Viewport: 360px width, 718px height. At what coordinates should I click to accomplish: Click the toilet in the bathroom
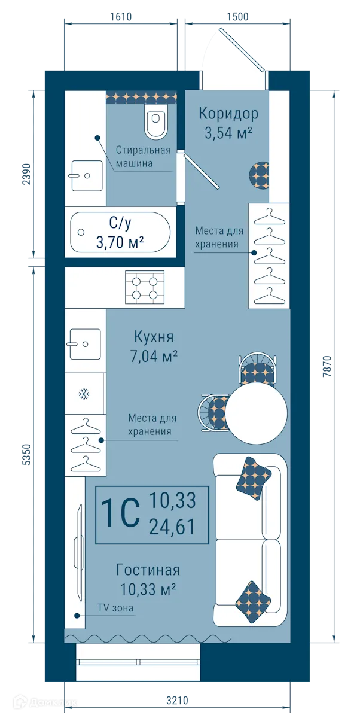157,123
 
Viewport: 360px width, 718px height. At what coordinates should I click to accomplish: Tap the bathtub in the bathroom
120,233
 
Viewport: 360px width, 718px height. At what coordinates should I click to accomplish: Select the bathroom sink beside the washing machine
84,175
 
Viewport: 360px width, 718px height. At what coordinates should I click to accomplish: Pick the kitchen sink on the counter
84,343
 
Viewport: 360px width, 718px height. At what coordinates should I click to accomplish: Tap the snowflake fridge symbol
84,394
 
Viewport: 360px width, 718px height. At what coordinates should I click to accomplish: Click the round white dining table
257,413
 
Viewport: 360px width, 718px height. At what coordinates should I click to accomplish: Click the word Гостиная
148,570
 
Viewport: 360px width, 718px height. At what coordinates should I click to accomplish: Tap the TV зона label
116,609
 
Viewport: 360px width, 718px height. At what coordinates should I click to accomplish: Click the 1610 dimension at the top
120,16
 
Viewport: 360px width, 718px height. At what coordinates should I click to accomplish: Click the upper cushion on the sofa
254,477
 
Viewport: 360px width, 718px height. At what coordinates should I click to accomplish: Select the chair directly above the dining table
258,369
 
